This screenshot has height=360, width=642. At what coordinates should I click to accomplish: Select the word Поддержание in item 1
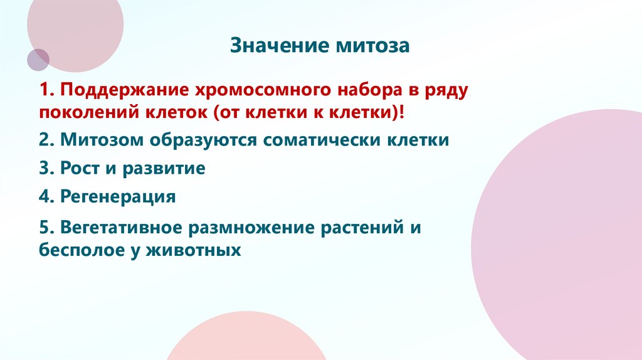119,90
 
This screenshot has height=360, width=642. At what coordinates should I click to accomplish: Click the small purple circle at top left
38,60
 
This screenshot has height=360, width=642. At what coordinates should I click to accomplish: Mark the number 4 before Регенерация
43,197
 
